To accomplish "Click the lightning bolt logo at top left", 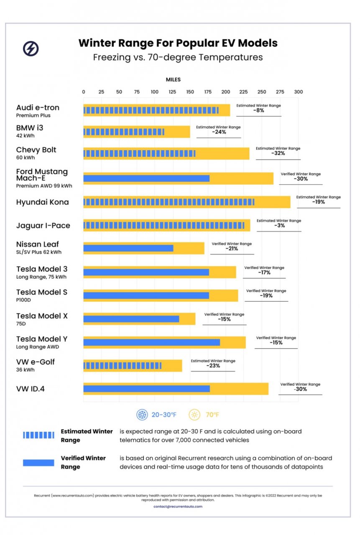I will click(x=31, y=49).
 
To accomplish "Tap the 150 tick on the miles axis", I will click(x=190, y=92).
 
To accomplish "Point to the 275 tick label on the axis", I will click(x=280, y=92).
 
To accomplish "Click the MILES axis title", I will click(x=173, y=79).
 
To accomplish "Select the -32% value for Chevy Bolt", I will click(x=278, y=153).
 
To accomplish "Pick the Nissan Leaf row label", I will click(x=38, y=245).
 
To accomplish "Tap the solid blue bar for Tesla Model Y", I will click(x=151, y=342).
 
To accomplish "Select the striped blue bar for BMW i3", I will click(x=124, y=132).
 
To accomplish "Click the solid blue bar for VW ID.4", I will click(x=146, y=389).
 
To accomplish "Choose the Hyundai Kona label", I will click(x=43, y=202).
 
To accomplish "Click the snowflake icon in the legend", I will click(x=142, y=415).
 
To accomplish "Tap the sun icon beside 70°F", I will click(x=194, y=415).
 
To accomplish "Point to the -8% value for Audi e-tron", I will click(x=258, y=111).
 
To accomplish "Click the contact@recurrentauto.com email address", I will click(x=178, y=507).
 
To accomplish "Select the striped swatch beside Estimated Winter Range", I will click(x=38, y=435).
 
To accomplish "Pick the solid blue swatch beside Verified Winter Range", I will click(x=38, y=462).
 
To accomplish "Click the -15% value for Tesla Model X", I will click(x=224, y=319).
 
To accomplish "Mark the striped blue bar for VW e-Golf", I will click(x=122, y=366).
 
